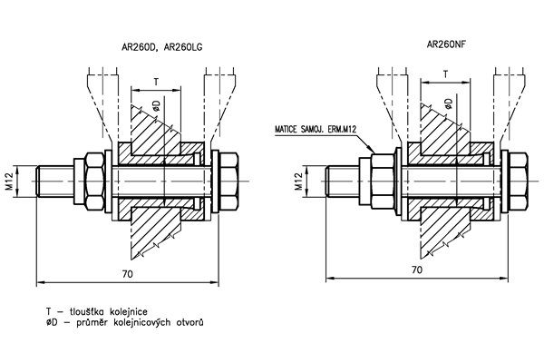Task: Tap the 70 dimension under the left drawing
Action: (128, 272)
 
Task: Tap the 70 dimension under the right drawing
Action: (416, 270)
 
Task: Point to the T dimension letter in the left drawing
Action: (157, 83)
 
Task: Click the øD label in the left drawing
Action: (156, 106)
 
